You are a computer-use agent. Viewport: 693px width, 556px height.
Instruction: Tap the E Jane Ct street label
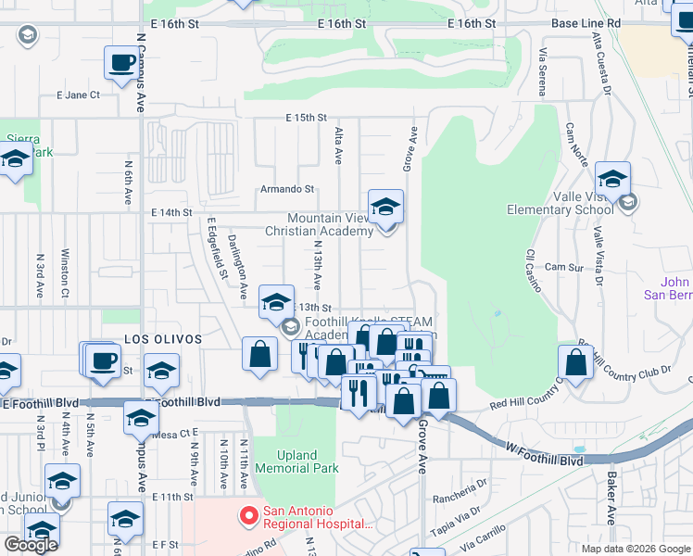coord(78,95)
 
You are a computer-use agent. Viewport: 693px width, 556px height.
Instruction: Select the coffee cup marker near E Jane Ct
coord(120,63)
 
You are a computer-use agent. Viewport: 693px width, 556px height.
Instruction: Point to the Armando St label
coord(287,189)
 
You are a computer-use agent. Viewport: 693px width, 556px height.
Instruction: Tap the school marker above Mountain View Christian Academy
coord(385,208)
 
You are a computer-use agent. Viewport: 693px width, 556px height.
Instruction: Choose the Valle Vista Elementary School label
coord(561,203)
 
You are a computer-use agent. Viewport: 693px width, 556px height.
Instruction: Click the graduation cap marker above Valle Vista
coord(612,179)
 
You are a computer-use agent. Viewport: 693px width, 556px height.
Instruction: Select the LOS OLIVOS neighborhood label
coord(163,340)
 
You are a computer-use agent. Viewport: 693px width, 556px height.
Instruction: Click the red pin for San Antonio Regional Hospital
coord(248,514)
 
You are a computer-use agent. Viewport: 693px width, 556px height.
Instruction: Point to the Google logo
coord(31,545)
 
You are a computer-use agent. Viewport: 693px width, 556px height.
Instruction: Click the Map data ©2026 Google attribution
coord(636,549)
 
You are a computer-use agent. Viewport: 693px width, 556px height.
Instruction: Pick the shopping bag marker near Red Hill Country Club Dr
coord(575,363)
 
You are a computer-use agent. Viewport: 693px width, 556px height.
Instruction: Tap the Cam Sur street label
coord(563,267)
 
